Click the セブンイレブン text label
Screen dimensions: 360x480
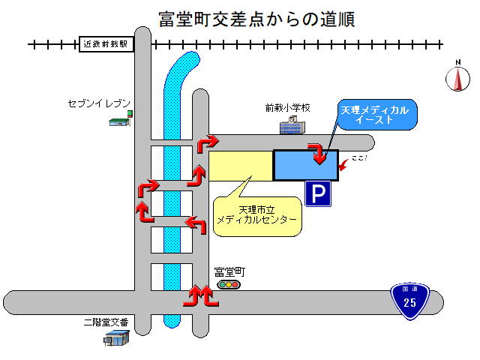click(99, 103)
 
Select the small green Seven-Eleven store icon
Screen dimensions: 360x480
click(121, 119)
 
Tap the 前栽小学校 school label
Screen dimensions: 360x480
click(287, 108)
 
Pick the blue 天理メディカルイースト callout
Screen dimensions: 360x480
click(375, 115)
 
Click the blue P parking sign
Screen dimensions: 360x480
click(318, 195)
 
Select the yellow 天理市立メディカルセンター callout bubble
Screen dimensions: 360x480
click(256, 214)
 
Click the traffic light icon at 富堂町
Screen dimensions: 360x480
click(228, 285)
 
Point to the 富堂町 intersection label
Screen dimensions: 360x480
click(229, 272)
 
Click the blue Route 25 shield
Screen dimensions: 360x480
click(409, 301)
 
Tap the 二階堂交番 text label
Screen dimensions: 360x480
click(106, 322)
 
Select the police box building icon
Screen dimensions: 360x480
click(116, 340)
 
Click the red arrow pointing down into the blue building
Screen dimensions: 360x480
click(320, 154)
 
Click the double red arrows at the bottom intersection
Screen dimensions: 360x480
click(201, 297)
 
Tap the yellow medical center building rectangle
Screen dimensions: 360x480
click(240, 166)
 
